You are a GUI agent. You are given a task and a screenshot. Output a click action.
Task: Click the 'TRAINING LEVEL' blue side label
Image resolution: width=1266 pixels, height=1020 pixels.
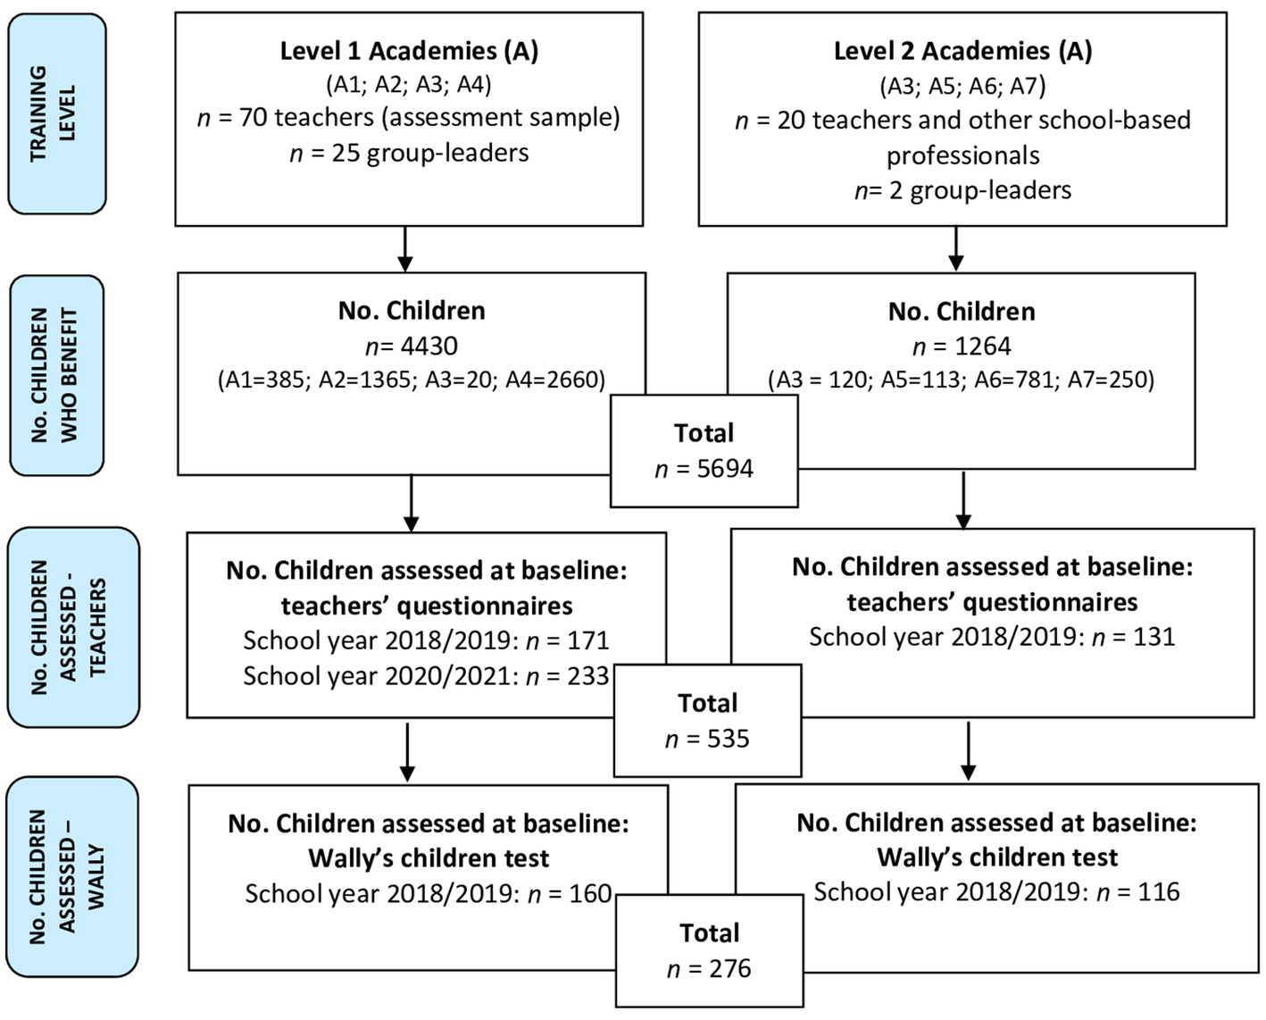[56, 113]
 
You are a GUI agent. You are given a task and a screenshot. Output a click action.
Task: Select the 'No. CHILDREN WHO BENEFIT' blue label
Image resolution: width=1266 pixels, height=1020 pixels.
[56, 375]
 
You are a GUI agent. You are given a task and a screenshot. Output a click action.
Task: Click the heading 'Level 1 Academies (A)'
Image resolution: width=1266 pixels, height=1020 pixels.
[409, 51]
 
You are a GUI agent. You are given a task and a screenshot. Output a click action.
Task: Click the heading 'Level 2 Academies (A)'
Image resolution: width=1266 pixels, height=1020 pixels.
[962, 51]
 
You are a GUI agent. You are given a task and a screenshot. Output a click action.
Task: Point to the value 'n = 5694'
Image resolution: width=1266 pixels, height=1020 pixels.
[704, 469]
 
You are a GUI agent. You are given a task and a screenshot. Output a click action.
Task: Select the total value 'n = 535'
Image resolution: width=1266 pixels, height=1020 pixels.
[707, 740]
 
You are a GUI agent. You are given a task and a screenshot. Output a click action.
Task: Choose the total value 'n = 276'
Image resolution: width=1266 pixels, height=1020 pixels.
[709, 969]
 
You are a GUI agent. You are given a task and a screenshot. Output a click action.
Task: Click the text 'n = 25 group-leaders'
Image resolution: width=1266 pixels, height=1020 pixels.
[409, 153]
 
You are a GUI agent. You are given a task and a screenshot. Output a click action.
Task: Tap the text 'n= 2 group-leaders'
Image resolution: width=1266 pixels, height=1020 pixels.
[962, 190]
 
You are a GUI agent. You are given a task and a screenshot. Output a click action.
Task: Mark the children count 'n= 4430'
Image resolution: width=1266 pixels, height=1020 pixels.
[411, 346]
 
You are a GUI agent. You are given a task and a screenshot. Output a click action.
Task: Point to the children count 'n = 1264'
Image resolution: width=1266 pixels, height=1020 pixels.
[962, 346]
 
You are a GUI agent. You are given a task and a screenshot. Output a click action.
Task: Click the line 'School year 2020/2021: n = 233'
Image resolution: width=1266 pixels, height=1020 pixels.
[426, 676]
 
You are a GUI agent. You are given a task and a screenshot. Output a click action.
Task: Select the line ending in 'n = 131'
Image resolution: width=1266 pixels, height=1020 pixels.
[992, 637]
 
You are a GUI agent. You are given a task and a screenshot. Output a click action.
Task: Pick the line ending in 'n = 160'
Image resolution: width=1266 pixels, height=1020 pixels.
[429, 893]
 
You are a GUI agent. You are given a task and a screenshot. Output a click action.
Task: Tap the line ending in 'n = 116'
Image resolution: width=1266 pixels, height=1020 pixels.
[996, 891]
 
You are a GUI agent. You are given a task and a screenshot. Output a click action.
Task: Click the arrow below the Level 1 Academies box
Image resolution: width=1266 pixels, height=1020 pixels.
[405, 249]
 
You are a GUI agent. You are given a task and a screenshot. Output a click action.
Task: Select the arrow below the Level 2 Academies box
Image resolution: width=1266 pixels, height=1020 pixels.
[956, 249]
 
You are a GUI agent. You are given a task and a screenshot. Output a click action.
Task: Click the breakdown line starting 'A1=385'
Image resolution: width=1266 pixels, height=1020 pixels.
[411, 380]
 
